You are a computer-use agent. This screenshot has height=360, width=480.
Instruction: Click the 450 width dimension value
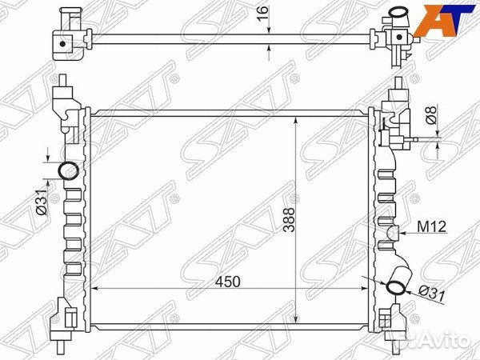[228, 282]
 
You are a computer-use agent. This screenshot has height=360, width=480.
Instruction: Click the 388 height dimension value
[289, 220]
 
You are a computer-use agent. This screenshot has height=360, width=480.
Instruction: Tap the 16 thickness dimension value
[262, 13]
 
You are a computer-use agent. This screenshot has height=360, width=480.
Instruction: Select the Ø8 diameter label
[431, 115]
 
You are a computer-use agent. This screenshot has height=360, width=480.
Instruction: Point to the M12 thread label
[432, 227]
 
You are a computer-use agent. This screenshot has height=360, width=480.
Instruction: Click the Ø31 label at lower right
[432, 294]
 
